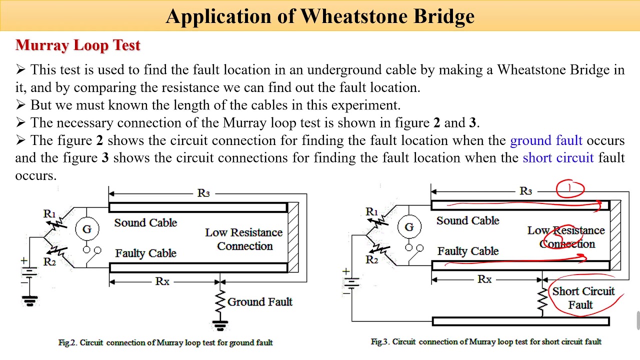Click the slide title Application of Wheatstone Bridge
(320, 16)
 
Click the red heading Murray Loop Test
(78, 45)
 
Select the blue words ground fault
(545, 140)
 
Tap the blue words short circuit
(557, 158)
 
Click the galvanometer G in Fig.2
(87, 229)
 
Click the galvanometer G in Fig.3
(409, 227)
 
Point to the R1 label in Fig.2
(49, 214)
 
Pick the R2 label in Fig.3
(371, 259)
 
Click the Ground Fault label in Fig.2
(259, 302)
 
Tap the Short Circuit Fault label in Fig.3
(582, 298)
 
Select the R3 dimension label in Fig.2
(203, 193)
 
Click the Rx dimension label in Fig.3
(484, 279)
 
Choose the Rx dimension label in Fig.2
(162, 281)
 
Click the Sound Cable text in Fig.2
(145, 222)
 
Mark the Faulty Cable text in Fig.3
(467, 251)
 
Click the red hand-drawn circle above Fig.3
(569, 189)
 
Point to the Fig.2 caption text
(165, 342)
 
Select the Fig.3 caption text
(486, 341)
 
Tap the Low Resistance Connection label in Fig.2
(244, 239)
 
